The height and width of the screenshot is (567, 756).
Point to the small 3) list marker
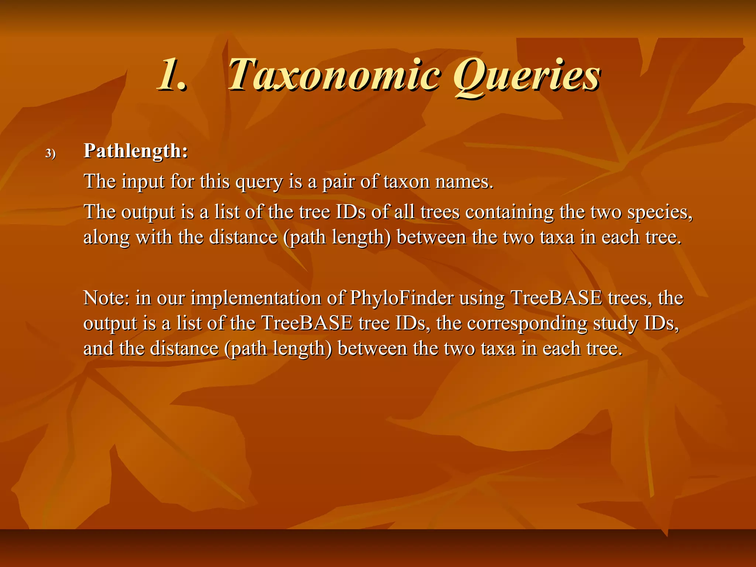coord(51,153)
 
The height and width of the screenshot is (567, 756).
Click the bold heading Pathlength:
coord(136,151)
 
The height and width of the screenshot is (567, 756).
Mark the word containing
coord(509,212)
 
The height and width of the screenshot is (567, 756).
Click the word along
coord(107,237)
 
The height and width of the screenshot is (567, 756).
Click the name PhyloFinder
coord(402,298)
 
